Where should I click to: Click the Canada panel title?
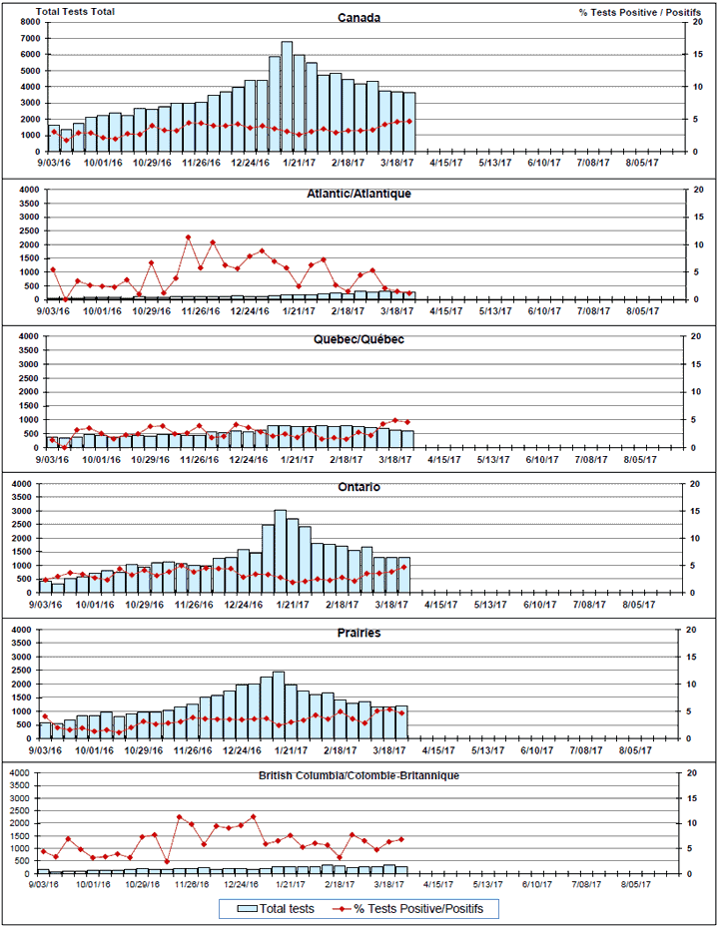point(359,18)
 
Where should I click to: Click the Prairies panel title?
point(359,633)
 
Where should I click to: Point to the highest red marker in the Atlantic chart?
point(188,237)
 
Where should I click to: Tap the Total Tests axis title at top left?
point(75,11)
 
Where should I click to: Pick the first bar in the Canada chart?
point(53,138)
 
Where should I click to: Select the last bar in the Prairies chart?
point(402,722)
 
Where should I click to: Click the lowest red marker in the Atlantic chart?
point(65,298)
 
